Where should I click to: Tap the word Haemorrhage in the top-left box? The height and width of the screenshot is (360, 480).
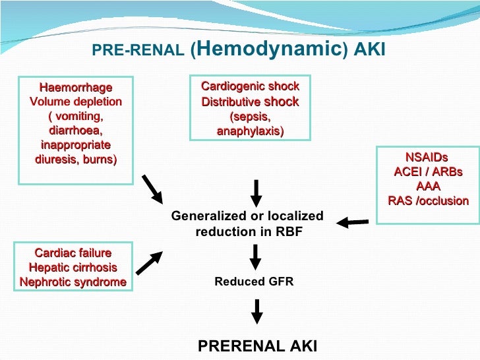pos(76,88)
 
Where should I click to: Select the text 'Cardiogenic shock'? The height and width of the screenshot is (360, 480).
pos(250,86)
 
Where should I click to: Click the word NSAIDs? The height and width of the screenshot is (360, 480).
pos(427,158)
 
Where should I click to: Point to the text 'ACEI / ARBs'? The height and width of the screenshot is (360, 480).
pos(428,172)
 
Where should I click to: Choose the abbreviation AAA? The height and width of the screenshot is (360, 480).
pos(428,187)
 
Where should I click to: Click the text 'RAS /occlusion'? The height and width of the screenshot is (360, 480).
pos(429,201)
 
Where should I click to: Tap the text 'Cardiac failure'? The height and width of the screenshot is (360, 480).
pos(73,253)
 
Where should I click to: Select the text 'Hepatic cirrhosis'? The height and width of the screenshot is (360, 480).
pos(73,268)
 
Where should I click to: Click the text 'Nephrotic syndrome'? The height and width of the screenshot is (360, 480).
pos(73,282)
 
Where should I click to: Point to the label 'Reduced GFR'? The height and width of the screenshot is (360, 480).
pos(254,282)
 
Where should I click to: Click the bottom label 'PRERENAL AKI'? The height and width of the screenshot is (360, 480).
pos(258,345)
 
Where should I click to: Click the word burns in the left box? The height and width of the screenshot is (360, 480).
pos(100,159)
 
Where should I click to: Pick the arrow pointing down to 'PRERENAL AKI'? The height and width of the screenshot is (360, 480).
pos(257,310)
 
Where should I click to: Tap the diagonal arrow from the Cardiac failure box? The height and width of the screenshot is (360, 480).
pos(149,261)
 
